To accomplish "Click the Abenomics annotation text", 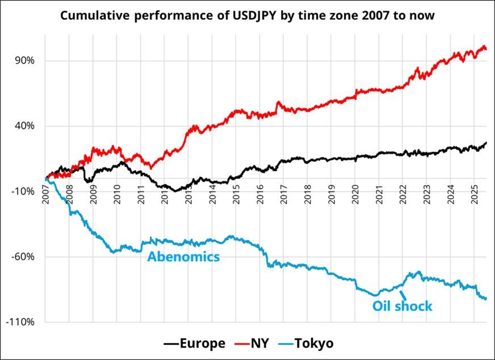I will click(x=183, y=257).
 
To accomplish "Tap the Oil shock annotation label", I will click(x=402, y=307).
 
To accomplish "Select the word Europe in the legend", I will click(x=203, y=344).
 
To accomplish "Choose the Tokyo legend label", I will click(x=314, y=344).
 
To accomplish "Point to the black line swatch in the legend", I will click(x=171, y=344).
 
